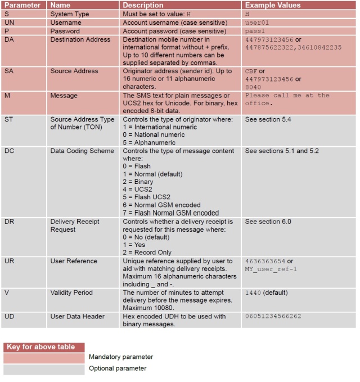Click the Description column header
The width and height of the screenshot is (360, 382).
tap(143, 5)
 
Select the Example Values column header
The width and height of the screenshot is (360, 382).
tap(273, 5)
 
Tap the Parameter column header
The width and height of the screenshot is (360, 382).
tap(22, 5)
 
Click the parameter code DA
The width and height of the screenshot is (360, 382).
tap(9, 40)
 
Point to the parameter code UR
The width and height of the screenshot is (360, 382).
tap(9, 261)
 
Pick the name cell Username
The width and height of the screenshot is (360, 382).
tap(65, 22)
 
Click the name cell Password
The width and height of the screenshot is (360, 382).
tap(65, 31)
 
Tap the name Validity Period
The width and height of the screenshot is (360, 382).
tap(72, 293)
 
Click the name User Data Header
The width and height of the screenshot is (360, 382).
tap(77, 317)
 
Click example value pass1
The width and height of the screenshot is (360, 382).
tap(255, 31)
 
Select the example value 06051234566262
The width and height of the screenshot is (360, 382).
tap(273, 317)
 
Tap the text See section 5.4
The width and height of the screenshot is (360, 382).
tap(268, 119)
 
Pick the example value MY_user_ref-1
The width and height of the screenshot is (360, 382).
tap(271, 269)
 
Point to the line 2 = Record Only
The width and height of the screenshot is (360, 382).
tap(147, 253)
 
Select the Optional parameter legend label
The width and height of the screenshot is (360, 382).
tap(118, 368)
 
